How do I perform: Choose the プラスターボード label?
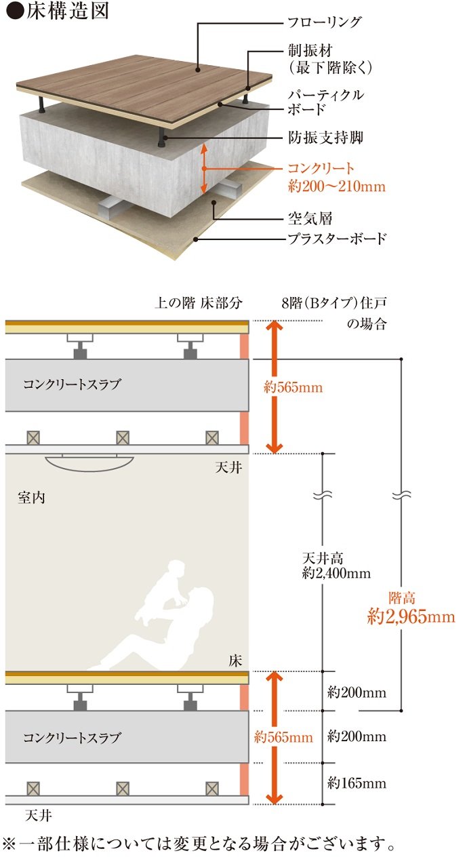click(336, 239)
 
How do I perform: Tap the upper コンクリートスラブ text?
click(72, 384)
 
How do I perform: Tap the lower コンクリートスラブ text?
click(72, 737)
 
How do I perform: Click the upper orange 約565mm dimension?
click(293, 388)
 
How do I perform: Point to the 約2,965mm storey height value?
click(411, 616)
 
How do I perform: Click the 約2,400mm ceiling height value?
click(337, 574)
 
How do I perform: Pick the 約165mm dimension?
click(357, 784)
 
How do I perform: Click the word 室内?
click(31, 497)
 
